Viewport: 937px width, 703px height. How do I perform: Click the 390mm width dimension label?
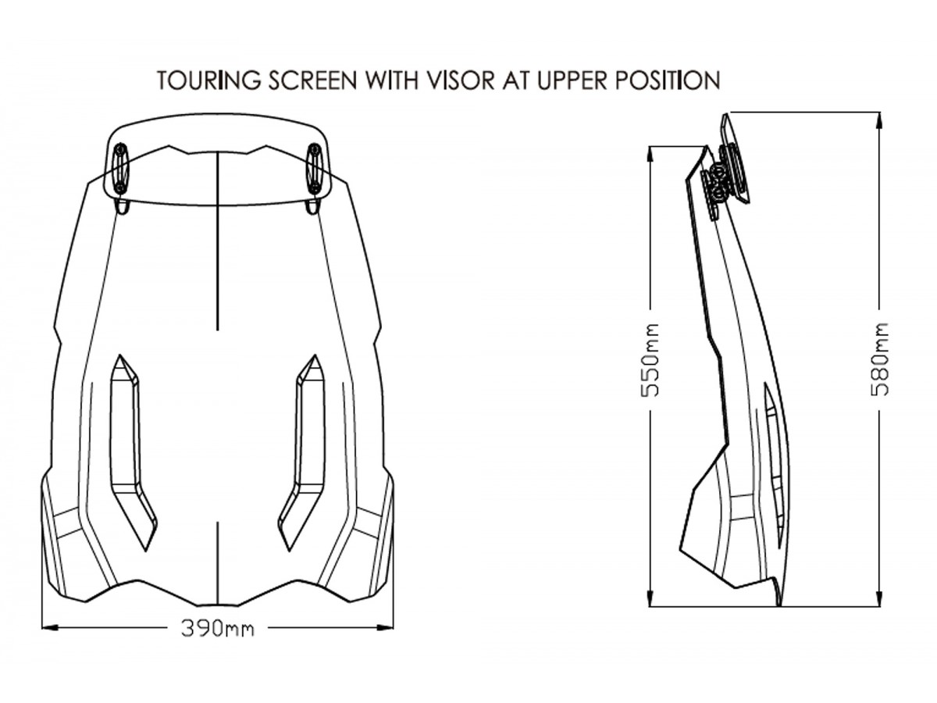pyautogui.click(x=217, y=628)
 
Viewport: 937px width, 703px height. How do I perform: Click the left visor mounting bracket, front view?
pyautogui.click(x=119, y=169)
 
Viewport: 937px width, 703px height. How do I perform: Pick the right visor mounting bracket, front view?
pyautogui.click(x=314, y=169)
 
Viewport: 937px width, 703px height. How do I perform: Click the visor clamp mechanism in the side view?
pyautogui.click(x=726, y=178)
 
